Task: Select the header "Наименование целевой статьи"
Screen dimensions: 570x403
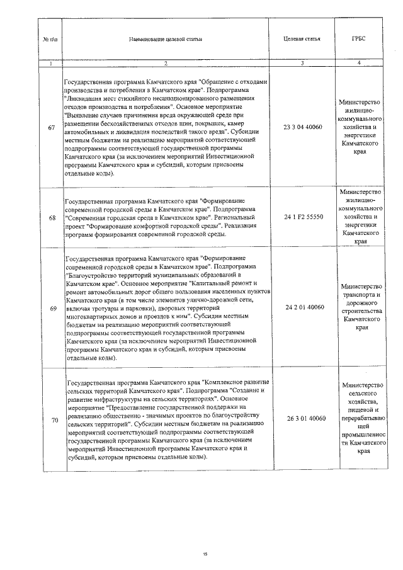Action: tap(166, 39)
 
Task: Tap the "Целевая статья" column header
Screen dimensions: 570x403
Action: tap(303, 39)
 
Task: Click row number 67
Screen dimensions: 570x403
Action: tap(51, 128)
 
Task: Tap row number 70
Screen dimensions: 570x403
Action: tap(51, 419)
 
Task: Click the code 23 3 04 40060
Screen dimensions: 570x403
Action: tap(304, 128)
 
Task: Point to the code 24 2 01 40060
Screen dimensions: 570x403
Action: tap(304, 307)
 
